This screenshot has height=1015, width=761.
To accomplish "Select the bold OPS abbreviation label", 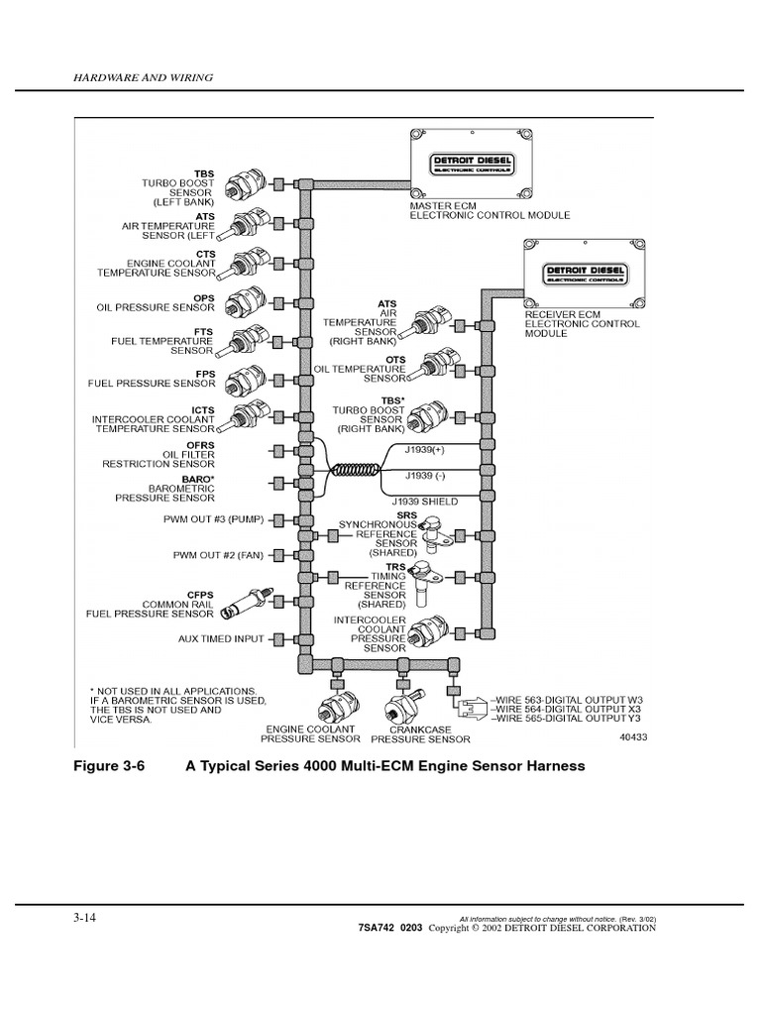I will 204,295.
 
